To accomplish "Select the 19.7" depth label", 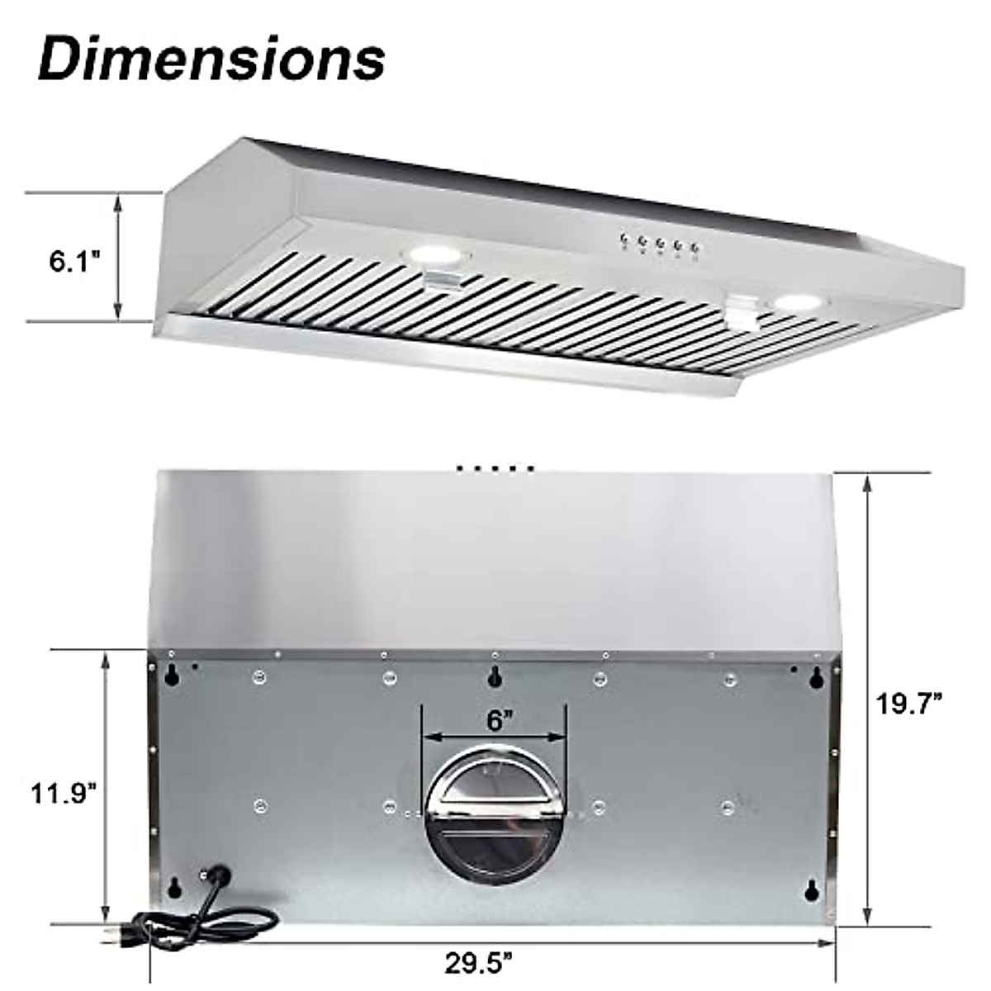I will click(x=909, y=704).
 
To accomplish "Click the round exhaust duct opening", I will click(x=494, y=818).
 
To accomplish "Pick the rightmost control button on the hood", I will click(x=695, y=247).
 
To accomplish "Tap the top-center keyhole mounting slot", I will click(x=495, y=676).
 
